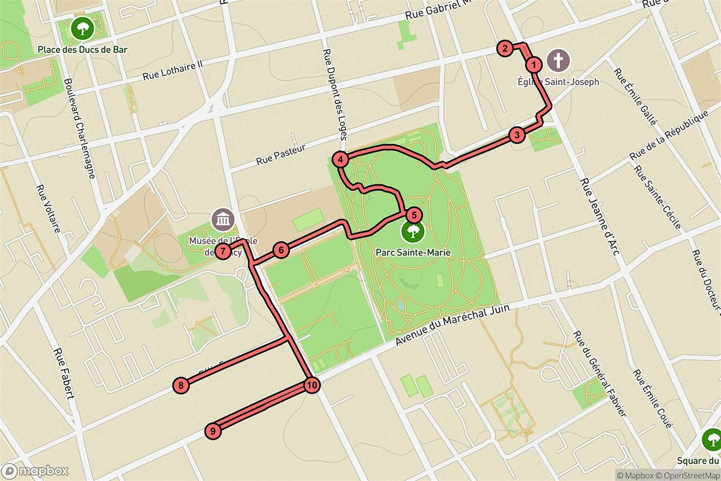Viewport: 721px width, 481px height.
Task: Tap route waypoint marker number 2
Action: [505, 49]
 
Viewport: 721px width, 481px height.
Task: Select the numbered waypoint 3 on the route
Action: [517, 135]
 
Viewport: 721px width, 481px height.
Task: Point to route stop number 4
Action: [341, 160]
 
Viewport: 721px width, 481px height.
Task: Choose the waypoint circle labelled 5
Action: [413, 215]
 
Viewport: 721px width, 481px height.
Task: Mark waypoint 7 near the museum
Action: [223, 251]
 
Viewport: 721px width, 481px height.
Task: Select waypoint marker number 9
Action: [213, 430]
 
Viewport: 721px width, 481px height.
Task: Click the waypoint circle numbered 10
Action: [311, 385]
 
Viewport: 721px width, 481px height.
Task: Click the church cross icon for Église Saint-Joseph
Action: [559, 61]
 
